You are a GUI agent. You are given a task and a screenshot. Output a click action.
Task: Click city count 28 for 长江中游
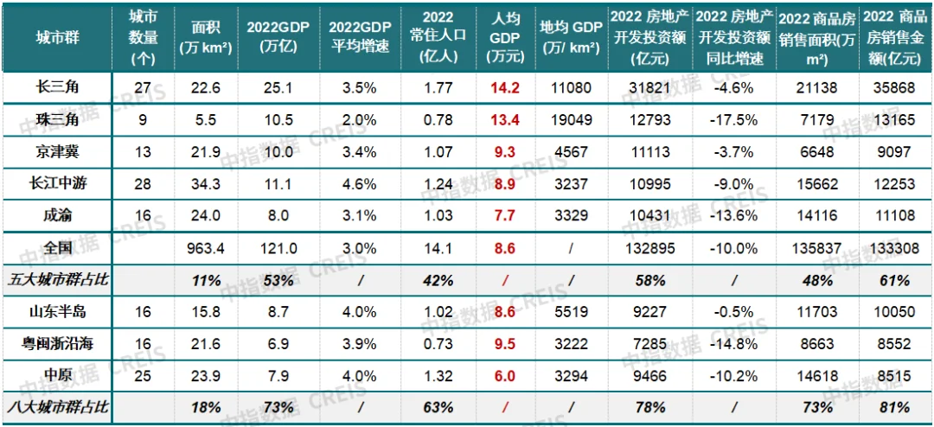[143, 183]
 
